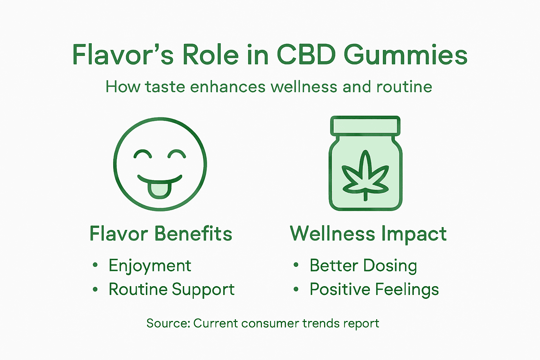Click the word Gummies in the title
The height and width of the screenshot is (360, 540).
405,56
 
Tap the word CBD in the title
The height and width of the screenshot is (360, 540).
306,55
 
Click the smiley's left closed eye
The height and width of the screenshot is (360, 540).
143,154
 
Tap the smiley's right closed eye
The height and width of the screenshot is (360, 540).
176,154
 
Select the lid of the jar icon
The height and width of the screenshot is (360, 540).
365,126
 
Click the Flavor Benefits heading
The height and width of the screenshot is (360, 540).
161,234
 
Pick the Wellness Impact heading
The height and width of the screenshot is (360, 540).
368,234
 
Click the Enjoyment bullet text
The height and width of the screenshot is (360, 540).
150,265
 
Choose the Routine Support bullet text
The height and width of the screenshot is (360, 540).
172,289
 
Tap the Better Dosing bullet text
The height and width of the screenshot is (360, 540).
363,265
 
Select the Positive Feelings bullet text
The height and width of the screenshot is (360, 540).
374,289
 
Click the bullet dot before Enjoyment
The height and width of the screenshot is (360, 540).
95,265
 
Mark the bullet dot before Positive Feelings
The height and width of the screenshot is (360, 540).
296,289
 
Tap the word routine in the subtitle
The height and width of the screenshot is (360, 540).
404,86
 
